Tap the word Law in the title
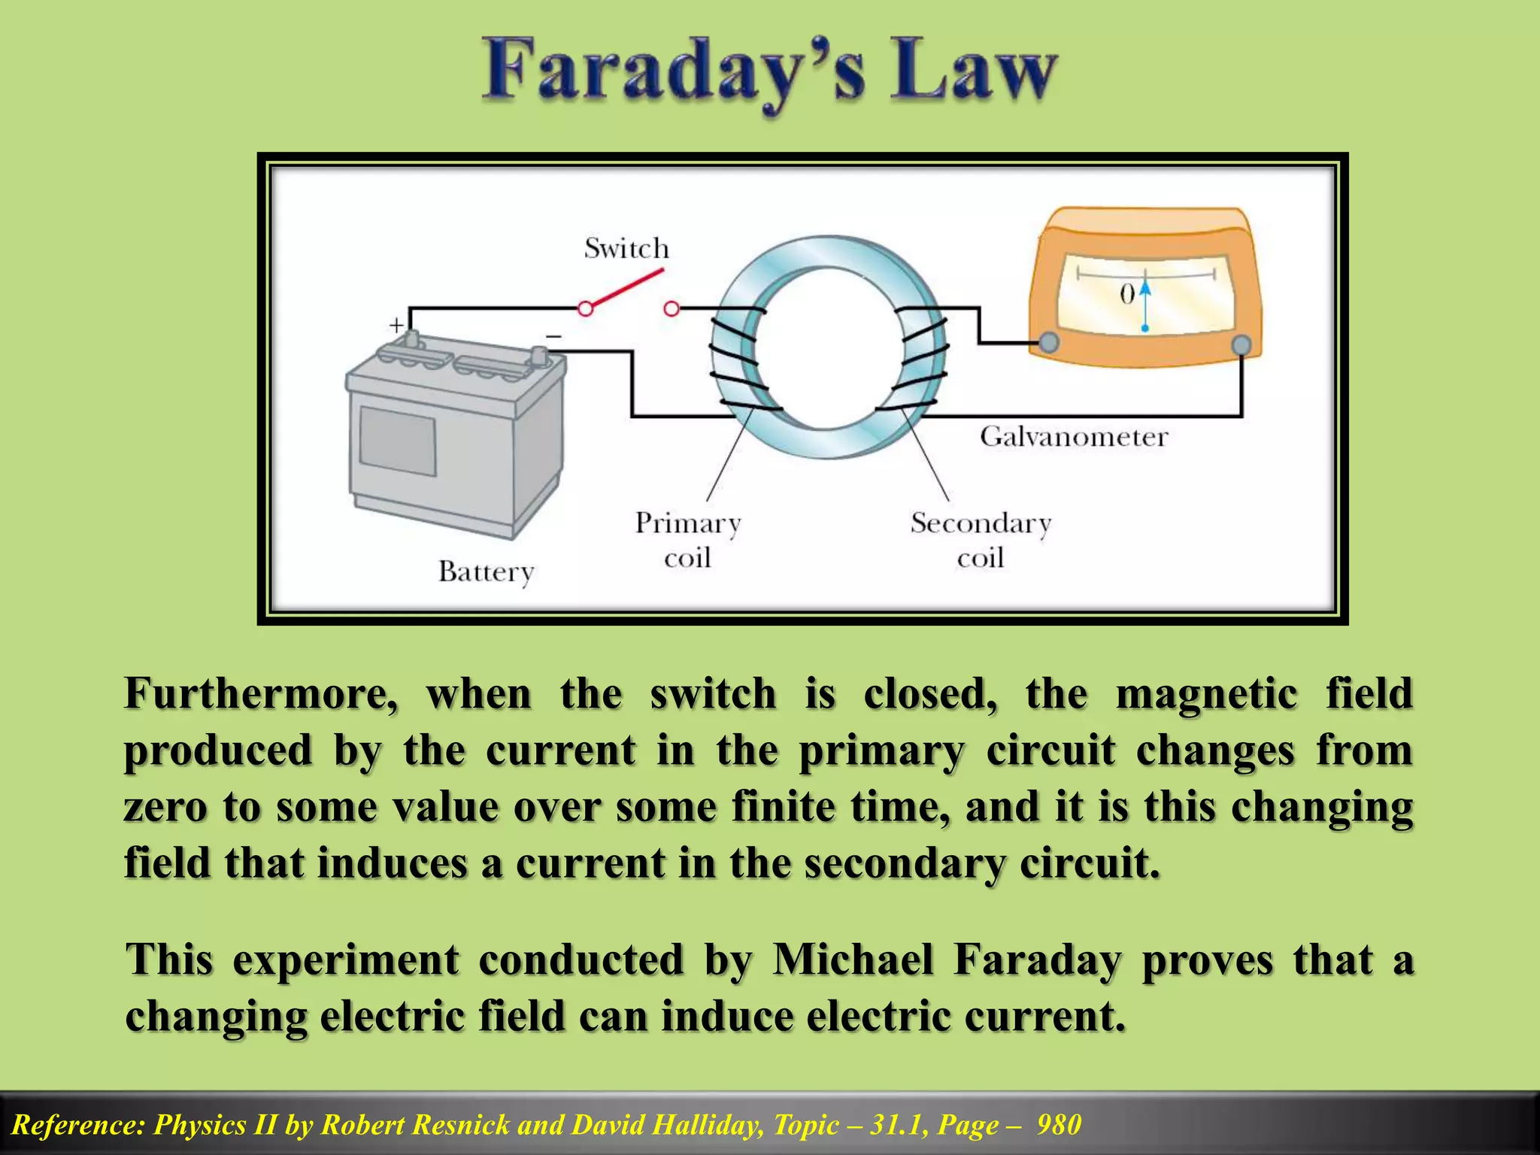pos(975,71)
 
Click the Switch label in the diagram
pos(626,248)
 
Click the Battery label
pos(486,572)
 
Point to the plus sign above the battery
pos(396,325)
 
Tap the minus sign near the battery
pos(553,336)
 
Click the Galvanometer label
pos(1074,437)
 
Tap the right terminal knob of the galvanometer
pos(1241,345)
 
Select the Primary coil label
pos(688,540)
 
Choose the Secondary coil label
pos(981,540)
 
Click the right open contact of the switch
pos(671,308)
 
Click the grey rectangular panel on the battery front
pos(397,441)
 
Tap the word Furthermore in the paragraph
pos(260,693)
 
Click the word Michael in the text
pos(853,960)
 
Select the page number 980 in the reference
pos(1059,1124)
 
